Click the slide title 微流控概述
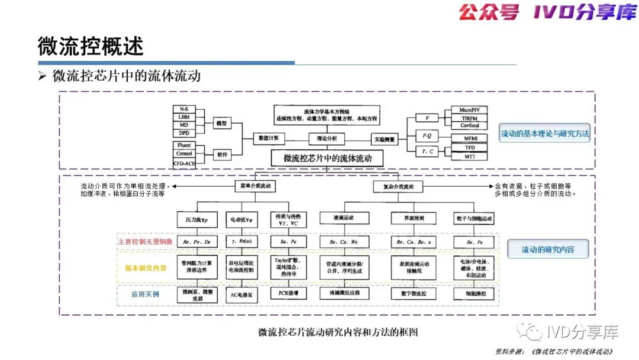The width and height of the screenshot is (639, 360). tap(91, 46)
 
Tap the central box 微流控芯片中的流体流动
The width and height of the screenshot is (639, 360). tap(327, 158)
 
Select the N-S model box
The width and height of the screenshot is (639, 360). tap(183, 110)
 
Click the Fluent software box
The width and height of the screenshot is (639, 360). tap(184, 145)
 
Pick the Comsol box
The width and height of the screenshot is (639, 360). tap(184, 154)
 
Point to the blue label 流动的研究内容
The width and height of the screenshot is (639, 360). tap(547, 250)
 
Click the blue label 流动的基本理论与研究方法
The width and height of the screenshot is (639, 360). tap(545, 133)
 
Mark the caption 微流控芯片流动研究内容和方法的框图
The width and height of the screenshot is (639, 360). tap(338, 332)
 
